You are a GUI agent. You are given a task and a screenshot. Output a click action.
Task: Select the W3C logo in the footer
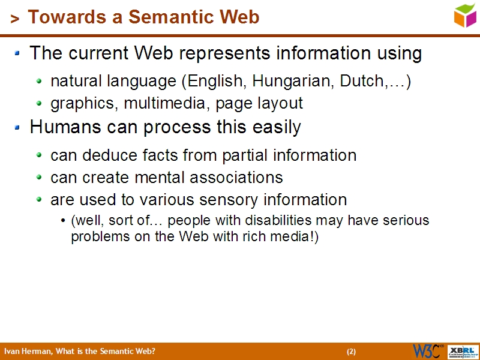tap(428, 351)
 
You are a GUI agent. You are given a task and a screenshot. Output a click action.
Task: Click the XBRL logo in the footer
tap(464, 351)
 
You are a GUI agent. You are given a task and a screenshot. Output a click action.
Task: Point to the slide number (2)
tap(351, 352)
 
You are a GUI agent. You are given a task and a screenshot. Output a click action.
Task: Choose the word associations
tap(236, 178)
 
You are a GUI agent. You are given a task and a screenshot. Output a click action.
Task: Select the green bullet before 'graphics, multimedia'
tap(40, 104)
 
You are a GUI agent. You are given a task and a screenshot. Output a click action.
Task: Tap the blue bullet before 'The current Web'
tap(18, 54)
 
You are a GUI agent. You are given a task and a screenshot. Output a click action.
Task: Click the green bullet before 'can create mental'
tap(40, 178)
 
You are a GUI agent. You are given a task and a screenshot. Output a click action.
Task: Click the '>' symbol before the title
tap(14, 19)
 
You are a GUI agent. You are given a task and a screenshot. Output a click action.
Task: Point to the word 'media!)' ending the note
tap(298, 236)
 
